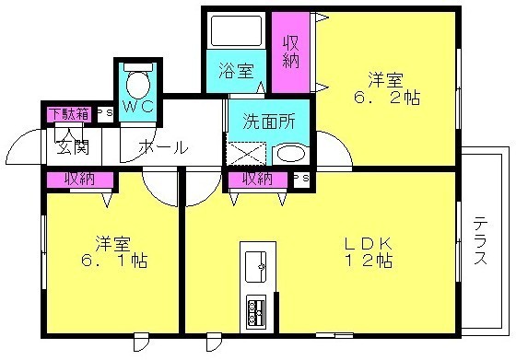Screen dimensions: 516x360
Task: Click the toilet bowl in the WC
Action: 138,84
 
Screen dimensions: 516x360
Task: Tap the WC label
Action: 138,106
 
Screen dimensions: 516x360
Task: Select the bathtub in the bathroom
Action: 236,31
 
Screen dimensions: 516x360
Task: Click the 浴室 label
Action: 236,70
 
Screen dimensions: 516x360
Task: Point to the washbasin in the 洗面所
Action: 291,154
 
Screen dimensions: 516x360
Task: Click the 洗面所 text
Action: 269,122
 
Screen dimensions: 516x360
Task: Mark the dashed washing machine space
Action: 247,154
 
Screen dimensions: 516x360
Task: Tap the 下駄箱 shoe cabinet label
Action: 70,114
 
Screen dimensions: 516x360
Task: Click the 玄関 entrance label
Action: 73,147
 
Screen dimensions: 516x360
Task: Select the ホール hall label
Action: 164,147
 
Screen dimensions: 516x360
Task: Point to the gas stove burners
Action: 256,309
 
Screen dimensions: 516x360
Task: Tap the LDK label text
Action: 368,244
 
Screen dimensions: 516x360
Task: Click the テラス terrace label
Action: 480,240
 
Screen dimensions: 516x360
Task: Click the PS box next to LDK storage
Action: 301,180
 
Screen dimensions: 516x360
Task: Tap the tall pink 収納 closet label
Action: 291,52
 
